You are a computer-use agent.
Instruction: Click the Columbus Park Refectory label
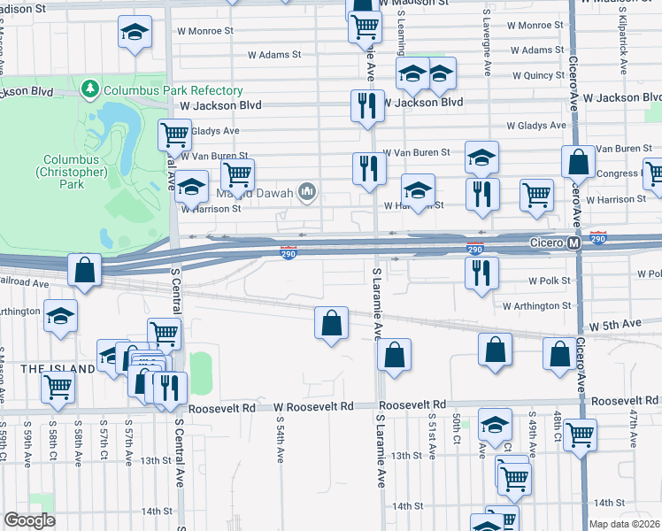(x=173, y=90)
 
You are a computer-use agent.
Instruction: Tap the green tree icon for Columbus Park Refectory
(x=89, y=89)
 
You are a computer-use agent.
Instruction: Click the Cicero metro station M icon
(x=573, y=242)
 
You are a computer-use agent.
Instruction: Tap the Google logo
(x=29, y=520)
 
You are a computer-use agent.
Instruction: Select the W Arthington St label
(x=536, y=306)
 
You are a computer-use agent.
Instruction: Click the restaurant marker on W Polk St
(x=482, y=272)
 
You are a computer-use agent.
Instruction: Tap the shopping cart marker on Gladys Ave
(x=175, y=135)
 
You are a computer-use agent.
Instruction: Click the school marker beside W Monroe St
(x=135, y=34)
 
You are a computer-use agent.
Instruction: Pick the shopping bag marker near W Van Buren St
(x=578, y=162)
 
